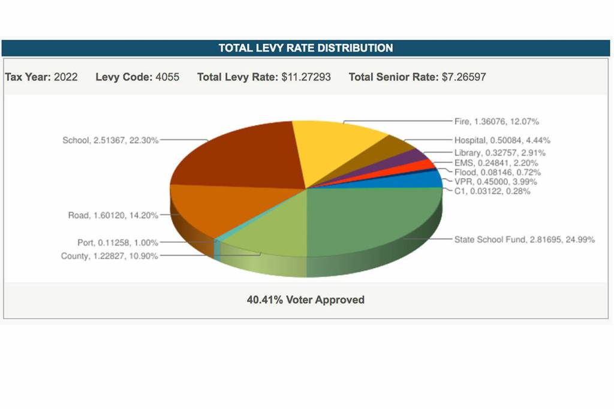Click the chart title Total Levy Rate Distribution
(306, 48)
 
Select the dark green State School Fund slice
(372, 222)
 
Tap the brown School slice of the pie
(240, 156)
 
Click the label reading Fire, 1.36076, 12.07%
(496, 122)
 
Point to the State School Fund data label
(524, 239)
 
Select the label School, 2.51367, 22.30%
(111, 140)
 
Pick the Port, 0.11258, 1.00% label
(118, 243)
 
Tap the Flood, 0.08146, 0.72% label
(497, 172)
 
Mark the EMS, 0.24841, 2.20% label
(496, 163)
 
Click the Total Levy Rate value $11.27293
(306, 77)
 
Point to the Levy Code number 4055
(167, 77)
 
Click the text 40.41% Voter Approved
(306, 299)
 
